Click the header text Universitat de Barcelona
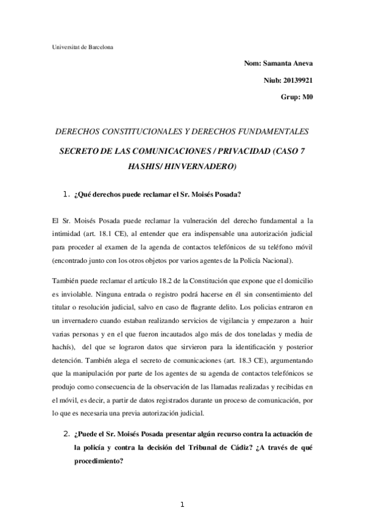coord(81,47)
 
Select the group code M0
coord(307,97)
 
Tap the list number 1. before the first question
coord(68,195)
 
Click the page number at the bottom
coord(182,504)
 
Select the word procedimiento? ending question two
coord(98,461)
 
